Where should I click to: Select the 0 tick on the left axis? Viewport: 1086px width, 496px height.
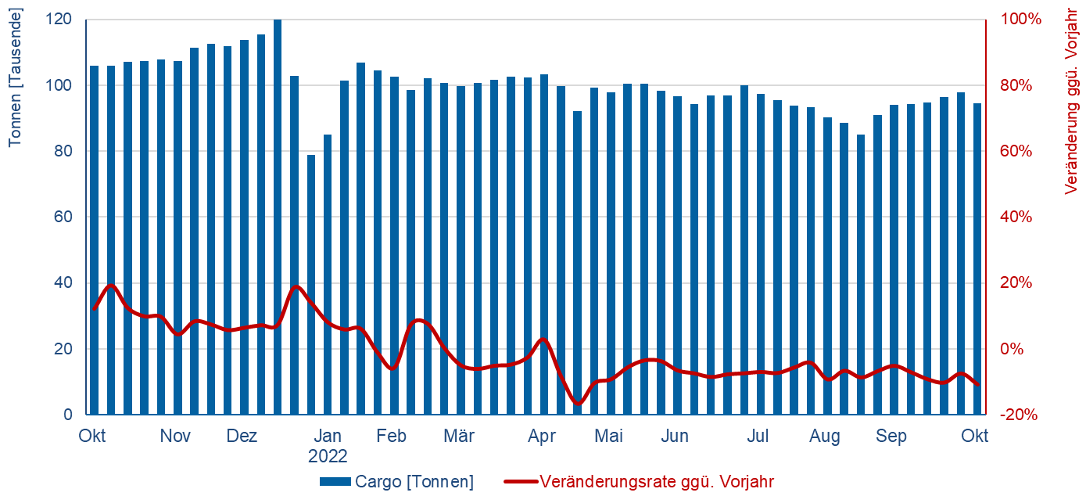[x=68, y=415]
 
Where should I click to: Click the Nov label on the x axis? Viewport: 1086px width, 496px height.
[x=175, y=436]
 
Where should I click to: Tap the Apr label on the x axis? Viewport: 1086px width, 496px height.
[x=542, y=436]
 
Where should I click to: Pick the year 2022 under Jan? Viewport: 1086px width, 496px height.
[x=328, y=456]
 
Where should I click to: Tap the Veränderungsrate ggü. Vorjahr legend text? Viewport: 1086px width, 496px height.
[x=657, y=481]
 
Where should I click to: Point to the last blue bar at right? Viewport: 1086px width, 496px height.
[x=977, y=258]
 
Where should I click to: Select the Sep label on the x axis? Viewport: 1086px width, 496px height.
[x=891, y=436]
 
